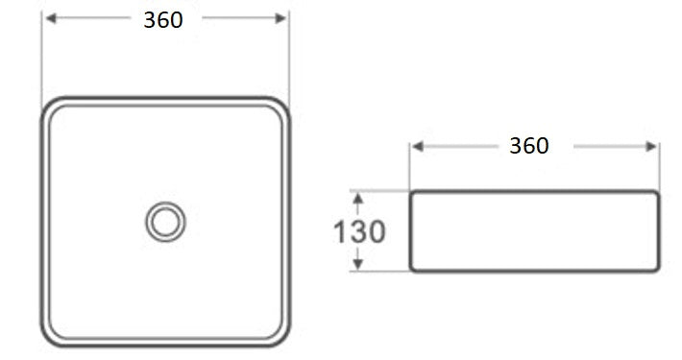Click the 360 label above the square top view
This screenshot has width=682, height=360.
click(163, 20)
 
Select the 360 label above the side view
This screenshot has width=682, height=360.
click(529, 146)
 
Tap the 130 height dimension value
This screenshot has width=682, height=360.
click(359, 231)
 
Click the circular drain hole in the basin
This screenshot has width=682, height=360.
click(165, 222)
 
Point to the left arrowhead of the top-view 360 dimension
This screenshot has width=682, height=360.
click(49, 18)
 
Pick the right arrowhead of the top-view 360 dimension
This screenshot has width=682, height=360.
click(281, 18)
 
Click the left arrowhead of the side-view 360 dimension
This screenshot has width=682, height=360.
click(417, 146)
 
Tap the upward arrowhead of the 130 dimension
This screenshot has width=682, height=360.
click(358, 197)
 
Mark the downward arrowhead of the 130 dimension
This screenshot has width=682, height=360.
click(358, 264)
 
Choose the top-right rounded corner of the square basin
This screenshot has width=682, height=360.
click(280, 106)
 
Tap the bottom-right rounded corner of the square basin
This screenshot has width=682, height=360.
click(280, 337)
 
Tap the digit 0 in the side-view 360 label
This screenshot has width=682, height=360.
click(543, 146)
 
